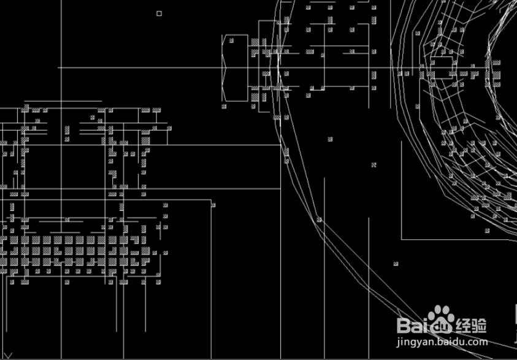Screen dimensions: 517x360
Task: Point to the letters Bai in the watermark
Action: pyautogui.click(x=412, y=324)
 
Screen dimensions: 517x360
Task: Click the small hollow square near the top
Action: pyautogui.click(x=159, y=13)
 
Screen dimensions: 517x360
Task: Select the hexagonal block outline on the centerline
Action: pyautogui.click(x=235, y=67)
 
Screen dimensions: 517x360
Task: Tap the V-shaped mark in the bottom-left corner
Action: pyautogui.click(x=8, y=355)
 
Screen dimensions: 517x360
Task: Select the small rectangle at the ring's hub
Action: pyautogui.click(x=440, y=63)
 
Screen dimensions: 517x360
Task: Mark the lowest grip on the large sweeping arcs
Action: pyautogui.click(x=396, y=264)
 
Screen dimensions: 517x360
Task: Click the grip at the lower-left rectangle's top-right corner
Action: pyautogui.click(x=213, y=205)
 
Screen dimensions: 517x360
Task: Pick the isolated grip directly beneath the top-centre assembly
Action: pyautogui.click(x=330, y=139)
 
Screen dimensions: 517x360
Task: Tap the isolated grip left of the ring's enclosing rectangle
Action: pyautogui.click(x=373, y=164)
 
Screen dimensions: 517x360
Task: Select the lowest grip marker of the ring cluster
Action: pyautogui.click(x=486, y=231)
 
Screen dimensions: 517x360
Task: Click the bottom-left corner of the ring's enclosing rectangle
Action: pyautogui.click(x=402, y=239)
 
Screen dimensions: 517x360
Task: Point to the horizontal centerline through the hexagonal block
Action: pyautogui.click(x=153, y=67)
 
